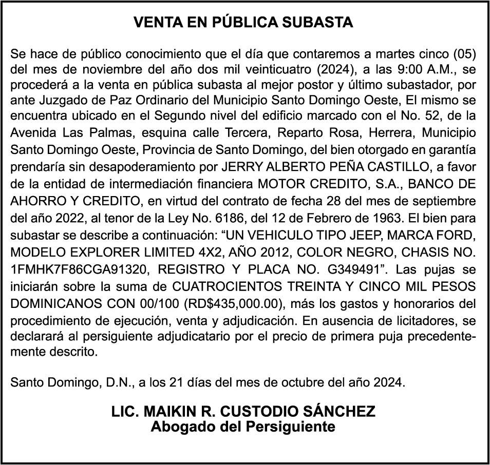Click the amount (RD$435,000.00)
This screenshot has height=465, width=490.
pos(231,303)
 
